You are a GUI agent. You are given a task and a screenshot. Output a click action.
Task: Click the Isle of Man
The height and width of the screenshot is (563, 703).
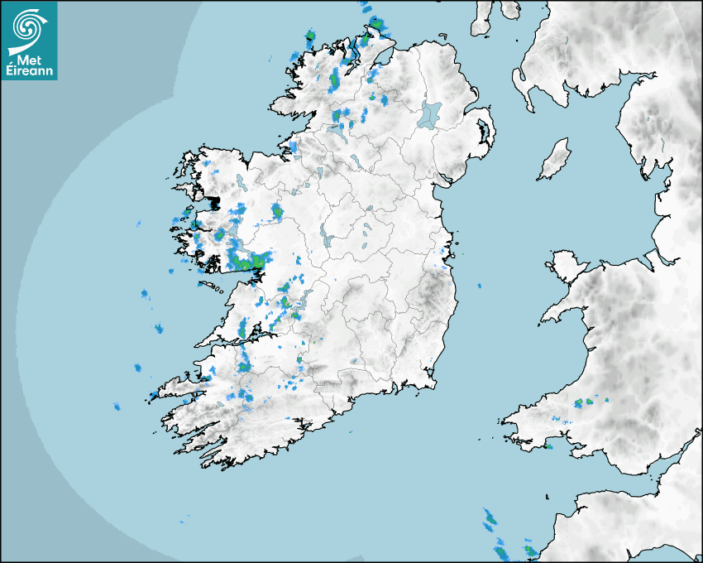click(x=555, y=160)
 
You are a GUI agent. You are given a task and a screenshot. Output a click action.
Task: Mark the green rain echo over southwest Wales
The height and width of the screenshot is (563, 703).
click(x=589, y=402)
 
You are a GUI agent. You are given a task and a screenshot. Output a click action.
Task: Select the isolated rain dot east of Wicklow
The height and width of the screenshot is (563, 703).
click(x=479, y=286)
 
